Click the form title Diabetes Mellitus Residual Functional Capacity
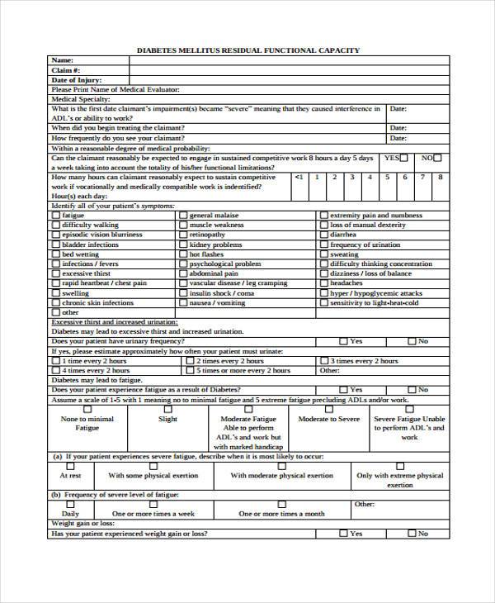pos(247,50)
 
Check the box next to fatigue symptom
pos(56,216)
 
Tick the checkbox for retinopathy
pos(183,235)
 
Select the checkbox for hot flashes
pos(183,254)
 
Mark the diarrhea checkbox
pos(323,235)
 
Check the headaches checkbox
pos(323,283)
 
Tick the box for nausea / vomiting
pos(183,303)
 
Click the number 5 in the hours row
pos(369,177)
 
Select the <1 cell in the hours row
pos(299,177)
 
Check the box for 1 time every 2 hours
pos(56,361)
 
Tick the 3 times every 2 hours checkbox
pos(323,361)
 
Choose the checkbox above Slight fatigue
pos(167,408)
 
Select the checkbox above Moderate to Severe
pos(328,408)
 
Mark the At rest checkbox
pos(70,466)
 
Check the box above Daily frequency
pos(70,504)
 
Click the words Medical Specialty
pos(80,99)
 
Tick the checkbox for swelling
pos(56,293)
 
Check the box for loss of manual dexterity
pos(323,225)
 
